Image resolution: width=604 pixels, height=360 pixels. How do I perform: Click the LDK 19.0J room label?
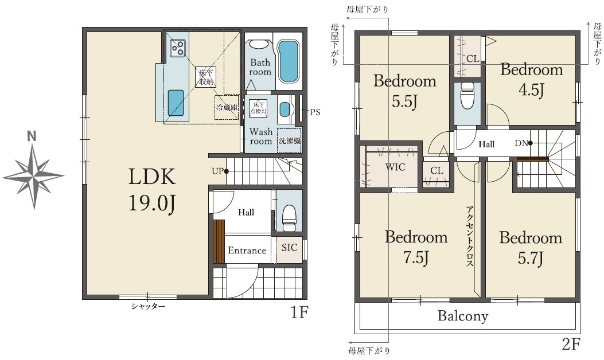pyautogui.click(x=152, y=190)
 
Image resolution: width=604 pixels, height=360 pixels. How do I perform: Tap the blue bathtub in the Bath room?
pyautogui.click(x=289, y=61)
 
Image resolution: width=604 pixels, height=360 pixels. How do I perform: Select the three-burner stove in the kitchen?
pyautogui.click(x=178, y=48)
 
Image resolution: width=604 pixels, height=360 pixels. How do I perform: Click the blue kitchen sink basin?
pyautogui.click(x=176, y=103)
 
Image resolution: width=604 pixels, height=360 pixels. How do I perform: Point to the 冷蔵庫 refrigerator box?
pyautogui.click(x=227, y=107)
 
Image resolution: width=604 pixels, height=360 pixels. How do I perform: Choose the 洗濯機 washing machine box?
pyautogui.click(x=289, y=140)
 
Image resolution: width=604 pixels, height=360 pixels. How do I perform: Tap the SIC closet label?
pyautogui.click(x=289, y=248)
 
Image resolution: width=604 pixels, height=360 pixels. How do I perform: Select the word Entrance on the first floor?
pyautogui.click(x=247, y=251)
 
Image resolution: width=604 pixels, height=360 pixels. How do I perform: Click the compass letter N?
pyautogui.click(x=32, y=136)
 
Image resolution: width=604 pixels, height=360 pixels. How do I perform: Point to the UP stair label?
pyautogui.click(x=217, y=171)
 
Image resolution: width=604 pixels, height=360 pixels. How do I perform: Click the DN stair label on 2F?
pyautogui.click(x=521, y=143)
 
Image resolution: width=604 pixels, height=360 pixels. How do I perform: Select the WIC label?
pyautogui.click(x=395, y=167)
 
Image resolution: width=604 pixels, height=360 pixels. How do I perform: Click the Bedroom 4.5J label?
pyautogui.click(x=532, y=80)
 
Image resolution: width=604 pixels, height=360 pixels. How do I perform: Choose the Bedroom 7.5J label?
pyautogui.click(x=416, y=247)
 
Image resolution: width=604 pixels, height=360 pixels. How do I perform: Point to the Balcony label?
pyautogui.click(x=463, y=316)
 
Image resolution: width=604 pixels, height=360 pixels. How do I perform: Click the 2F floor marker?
pyautogui.click(x=571, y=344)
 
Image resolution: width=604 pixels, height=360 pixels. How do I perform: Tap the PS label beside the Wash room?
pyautogui.click(x=315, y=112)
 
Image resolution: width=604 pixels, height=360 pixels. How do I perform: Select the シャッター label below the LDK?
pyautogui.click(x=149, y=307)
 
